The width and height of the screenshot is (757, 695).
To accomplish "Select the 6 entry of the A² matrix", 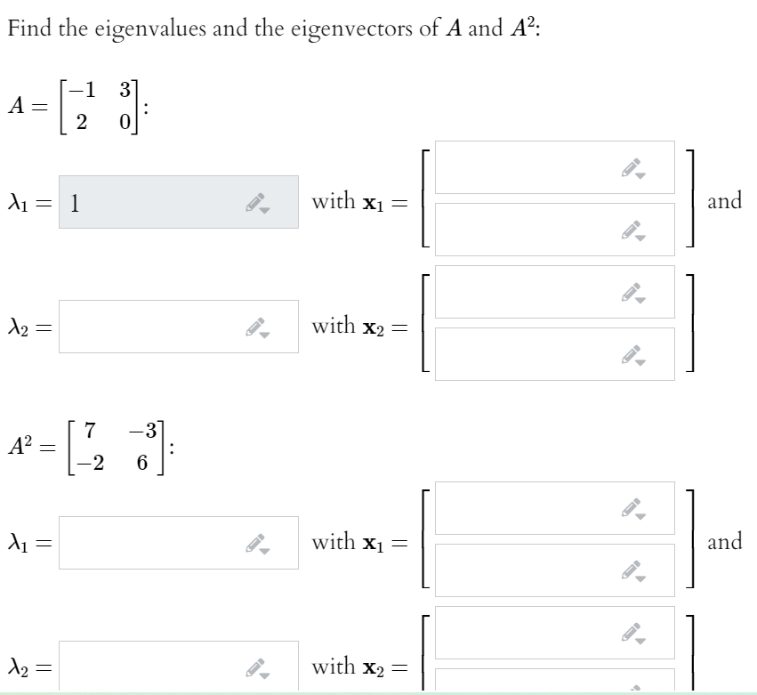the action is coord(141,466).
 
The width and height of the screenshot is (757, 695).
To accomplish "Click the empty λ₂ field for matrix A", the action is coord(178,327).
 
